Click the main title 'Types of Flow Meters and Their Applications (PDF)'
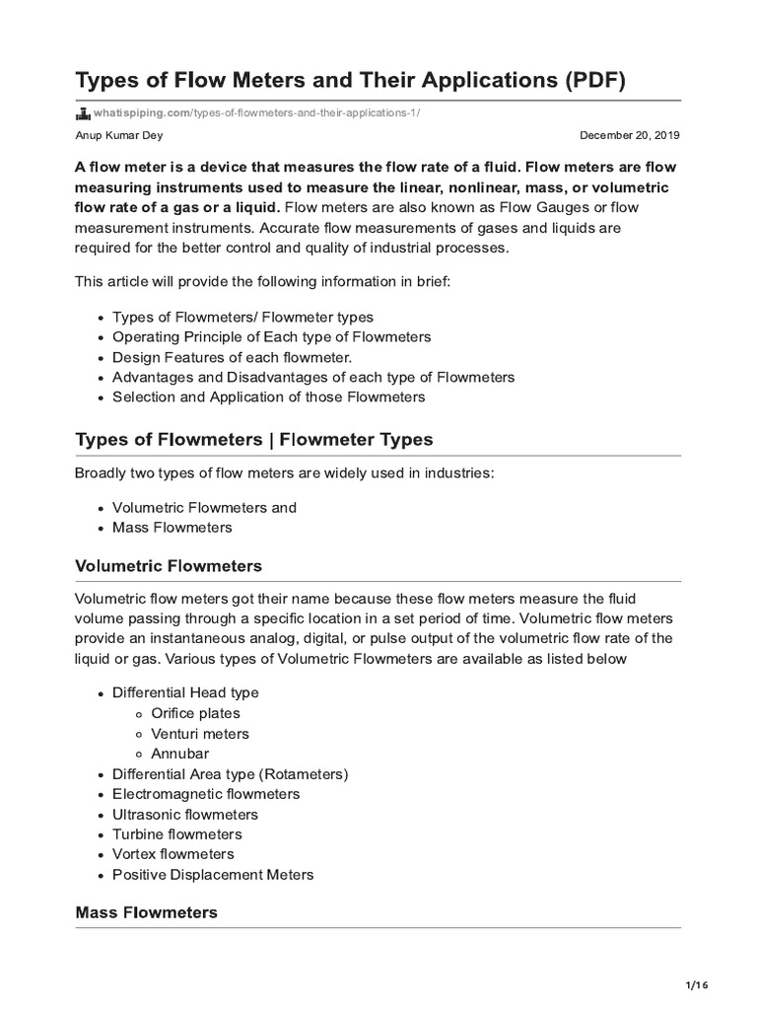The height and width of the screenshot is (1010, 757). pyautogui.click(x=350, y=80)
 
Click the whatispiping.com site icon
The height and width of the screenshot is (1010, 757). pyautogui.click(x=83, y=111)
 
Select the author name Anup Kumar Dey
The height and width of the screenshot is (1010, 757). pyautogui.click(x=118, y=135)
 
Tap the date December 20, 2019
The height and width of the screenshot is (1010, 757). pyautogui.click(x=629, y=135)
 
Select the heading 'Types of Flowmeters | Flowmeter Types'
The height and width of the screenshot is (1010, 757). pyautogui.click(x=253, y=439)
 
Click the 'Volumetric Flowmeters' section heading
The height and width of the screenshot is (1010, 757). pyautogui.click(x=169, y=566)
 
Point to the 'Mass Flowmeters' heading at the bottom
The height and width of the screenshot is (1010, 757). pyautogui.click(x=146, y=912)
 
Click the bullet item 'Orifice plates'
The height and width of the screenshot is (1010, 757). pyautogui.click(x=195, y=713)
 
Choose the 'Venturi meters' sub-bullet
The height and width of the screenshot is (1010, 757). pyautogui.click(x=200, y=734)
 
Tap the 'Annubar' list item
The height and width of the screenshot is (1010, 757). pyautogui.click(x=179, y=754)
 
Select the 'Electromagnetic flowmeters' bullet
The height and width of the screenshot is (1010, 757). pyautogui.click(x=206, y=794)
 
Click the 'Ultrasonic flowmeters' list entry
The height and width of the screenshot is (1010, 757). pyautogui.click(x=185, y=815)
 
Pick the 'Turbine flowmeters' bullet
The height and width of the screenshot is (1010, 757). pyautogui.click(x=178, y=834)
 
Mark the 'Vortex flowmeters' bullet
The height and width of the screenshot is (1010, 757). pyautogui.click(x=173, y=854)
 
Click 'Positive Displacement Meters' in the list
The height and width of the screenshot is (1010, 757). pyautogui.click(x=213, y=875)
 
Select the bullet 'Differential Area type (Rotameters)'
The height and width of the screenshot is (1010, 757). pyautogui.click(x=230, y=774)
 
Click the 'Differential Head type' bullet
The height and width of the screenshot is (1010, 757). pyautogui.click(x=185, y=693)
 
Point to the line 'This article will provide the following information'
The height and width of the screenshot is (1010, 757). pyautogui.click(x=262, y=282)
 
